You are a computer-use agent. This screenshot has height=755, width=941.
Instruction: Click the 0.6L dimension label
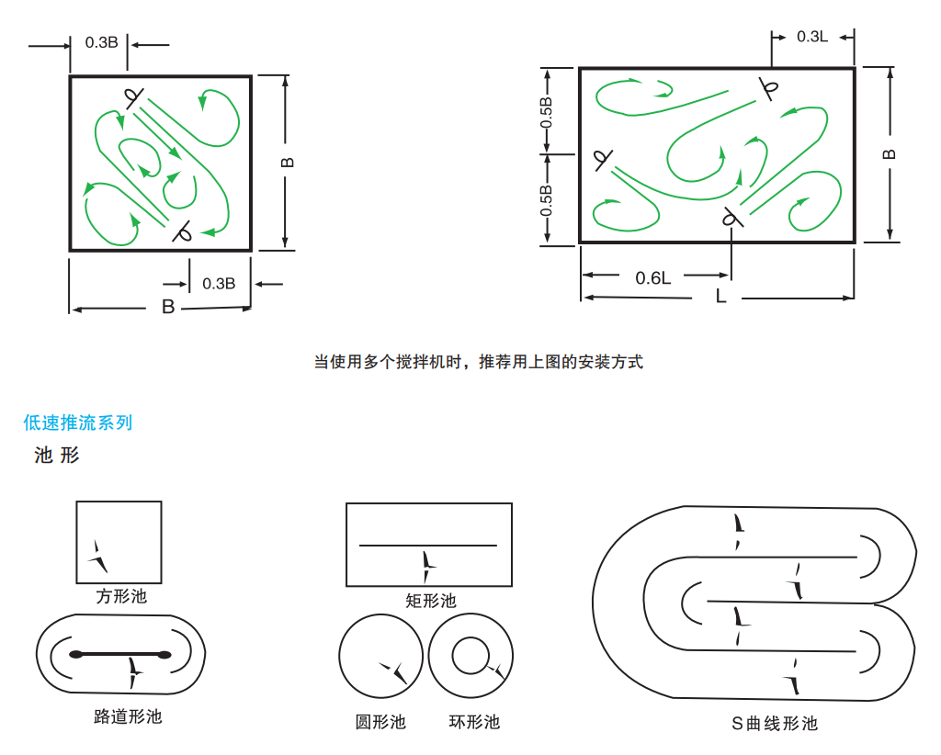click(653, 277)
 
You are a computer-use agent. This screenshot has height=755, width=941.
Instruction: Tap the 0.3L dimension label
click(812, 37)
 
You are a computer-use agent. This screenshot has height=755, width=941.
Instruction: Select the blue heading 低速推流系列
click(78, 423)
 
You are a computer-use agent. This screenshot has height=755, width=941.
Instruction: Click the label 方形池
click(121, 596)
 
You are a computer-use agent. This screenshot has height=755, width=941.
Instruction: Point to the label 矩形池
click(430, 601)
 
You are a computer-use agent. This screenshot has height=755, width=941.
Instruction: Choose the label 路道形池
click(128, 716)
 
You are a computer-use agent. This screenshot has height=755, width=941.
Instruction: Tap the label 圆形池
click(380, 721)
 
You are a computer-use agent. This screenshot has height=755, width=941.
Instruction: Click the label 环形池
click(474, 721)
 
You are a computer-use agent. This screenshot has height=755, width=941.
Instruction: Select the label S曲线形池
click(774, 724)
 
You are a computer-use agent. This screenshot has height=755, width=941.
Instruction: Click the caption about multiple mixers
click(479, 361)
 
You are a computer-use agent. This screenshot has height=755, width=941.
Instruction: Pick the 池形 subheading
click(57, 455)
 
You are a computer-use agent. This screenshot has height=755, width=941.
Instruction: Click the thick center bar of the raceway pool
click(120, 654)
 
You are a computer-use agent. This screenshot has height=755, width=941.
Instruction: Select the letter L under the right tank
click(720, 297)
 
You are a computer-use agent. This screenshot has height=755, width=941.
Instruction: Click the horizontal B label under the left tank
click(168, 307)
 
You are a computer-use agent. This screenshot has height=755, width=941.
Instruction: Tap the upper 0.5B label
click(547, 111)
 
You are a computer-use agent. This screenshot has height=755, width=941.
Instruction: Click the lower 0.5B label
click(547, 201)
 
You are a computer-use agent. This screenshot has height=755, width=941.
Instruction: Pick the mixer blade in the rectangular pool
click(427, 563)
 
